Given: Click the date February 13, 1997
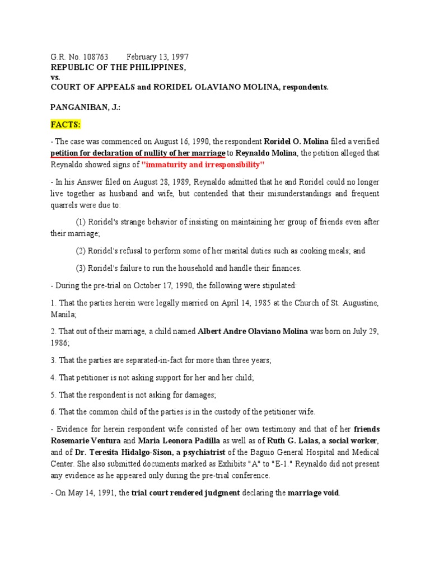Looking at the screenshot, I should [157, 58].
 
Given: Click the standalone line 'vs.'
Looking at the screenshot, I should [55, 77].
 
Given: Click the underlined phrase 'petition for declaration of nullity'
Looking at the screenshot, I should [119, 153].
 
